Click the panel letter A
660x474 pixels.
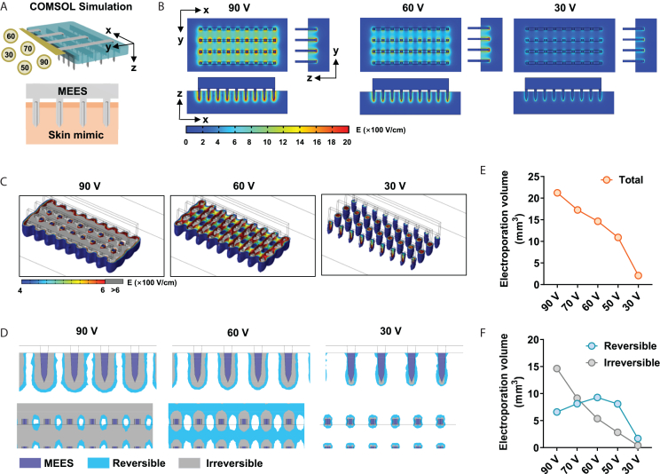6,7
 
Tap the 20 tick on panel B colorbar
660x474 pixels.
346,141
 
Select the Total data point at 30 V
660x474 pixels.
638,275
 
